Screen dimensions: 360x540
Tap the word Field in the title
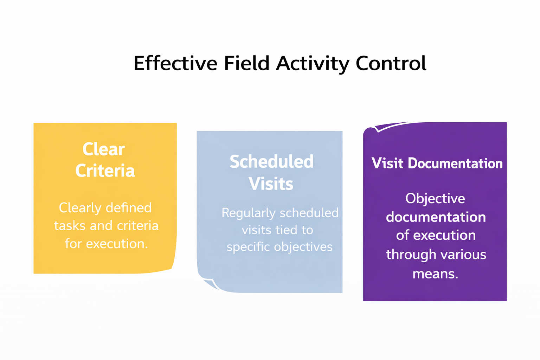tap(246, 64)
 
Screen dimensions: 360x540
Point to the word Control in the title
tap(391, 64)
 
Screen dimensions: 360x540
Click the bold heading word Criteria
tap(105, 171)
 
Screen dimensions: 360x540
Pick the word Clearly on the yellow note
tap(80, 208)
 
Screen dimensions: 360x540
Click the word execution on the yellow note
tap(117, 244)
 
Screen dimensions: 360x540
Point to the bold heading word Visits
tap(271, 184)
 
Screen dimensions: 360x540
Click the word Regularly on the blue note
tap(248, 213)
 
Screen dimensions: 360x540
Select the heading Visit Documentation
tap(437, 163)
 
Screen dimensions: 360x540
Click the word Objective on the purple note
tap(435, 199)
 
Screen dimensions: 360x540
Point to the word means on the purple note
tap(435, 274)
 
